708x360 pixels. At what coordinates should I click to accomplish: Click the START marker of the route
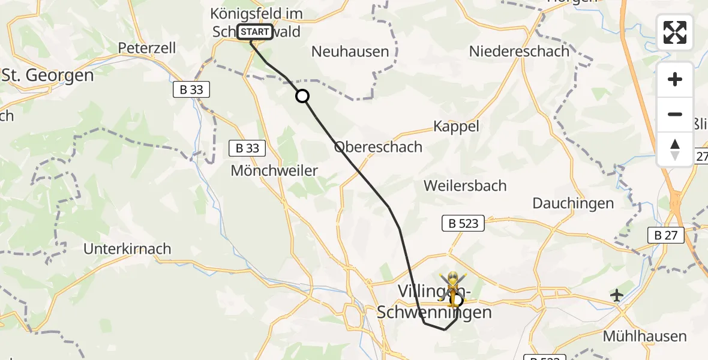click(256, 32)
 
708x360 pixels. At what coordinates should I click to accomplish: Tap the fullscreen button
click(675, 32)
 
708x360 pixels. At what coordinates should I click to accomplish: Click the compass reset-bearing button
click(675, 149)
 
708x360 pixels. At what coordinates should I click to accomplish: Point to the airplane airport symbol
click(616, 295)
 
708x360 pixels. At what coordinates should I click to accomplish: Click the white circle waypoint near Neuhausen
click(302, 96)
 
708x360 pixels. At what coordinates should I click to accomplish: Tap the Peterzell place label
click(148, 48)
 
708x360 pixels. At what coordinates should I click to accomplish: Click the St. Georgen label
click(48, 76)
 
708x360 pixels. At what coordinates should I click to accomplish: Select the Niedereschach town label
click(519, 52)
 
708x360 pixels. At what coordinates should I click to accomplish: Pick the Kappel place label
click(457, 127)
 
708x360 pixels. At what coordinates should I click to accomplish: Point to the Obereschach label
click(378, 147)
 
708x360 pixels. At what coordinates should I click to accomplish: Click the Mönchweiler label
click(274, 171)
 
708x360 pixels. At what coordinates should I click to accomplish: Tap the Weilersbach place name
click(465, 185)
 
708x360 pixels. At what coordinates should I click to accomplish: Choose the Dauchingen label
click(573, 203)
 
